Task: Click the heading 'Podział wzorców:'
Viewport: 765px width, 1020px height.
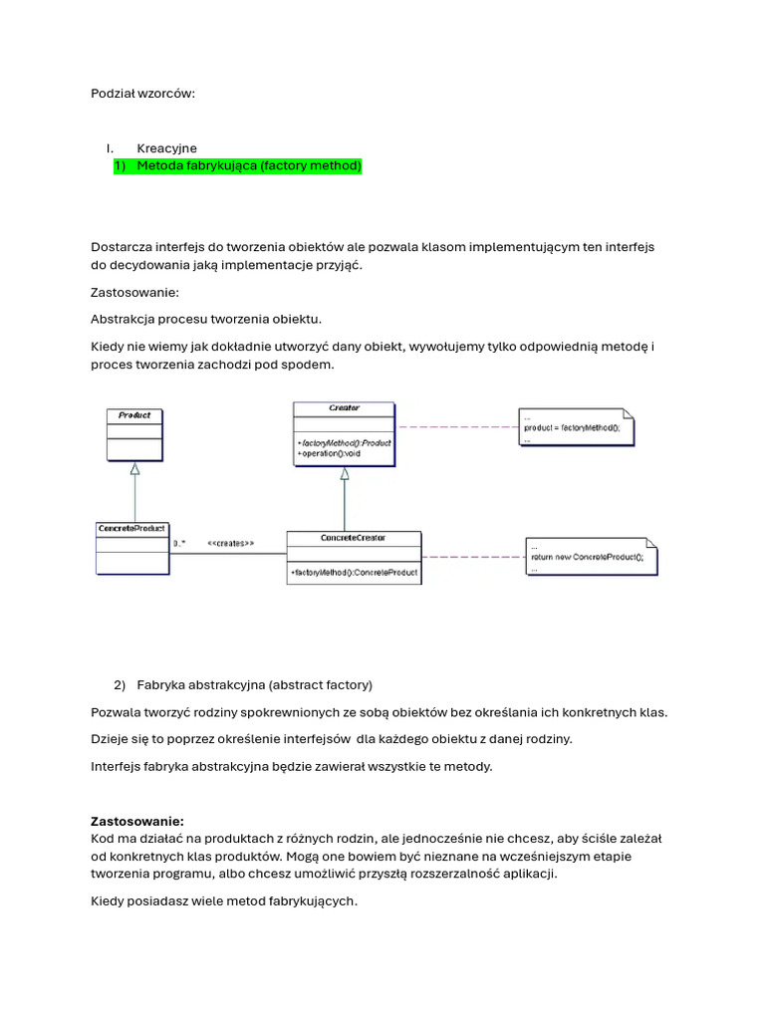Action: pyautogui.click(x=143, y=94)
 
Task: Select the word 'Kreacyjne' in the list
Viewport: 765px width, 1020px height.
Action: pyautogui.click(x=166, y=148)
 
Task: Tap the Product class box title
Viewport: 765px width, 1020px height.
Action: pyautogui.click(x=134, y=415)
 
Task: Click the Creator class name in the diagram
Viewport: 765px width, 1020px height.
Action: pyautogui.click(x=344, y=408)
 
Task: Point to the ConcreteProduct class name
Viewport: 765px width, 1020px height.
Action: pyautogui.click(x=131, y=528)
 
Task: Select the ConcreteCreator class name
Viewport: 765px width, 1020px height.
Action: pyautogui.click(x=354, y=538)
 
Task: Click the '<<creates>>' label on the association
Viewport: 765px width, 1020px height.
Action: pyautogui.click(x=230, y=544)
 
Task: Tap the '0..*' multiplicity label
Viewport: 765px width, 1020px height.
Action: pyautogui.click(x=179, y=544)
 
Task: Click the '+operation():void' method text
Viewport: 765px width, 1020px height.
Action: pyautogui.click(x=329, y=453)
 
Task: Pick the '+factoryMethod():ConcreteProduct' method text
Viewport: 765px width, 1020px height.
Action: pyautogui.click(x=354, y=574)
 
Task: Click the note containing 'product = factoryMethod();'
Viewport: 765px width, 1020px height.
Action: pyautogui.click(x=573, y=426)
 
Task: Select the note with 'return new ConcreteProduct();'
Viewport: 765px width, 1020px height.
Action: pyautogui.click(x=588, y=557)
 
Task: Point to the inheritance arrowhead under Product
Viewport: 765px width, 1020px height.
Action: pyautogui.click(x=134, y=468)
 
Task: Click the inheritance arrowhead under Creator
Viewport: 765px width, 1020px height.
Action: pyautogui.click(x=345, y=474)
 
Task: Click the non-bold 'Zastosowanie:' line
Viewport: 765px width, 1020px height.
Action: pyautogui.click(x=134, y=293)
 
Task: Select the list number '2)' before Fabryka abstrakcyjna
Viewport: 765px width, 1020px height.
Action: pyautogui.click(x=120, y=685)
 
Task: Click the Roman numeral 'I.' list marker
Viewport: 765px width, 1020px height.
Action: pyautogui.click(x=111, y=148)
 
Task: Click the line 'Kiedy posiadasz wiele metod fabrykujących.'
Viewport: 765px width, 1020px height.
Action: pyautogui.click(x=223, y=901)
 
